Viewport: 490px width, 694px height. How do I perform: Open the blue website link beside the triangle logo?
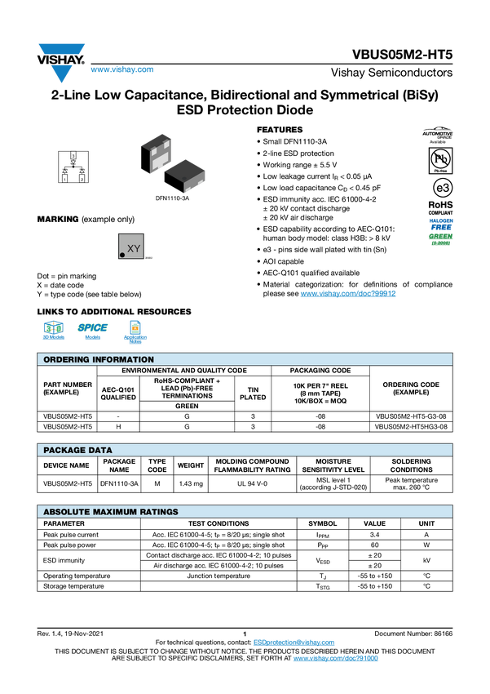click(x=121, y=70)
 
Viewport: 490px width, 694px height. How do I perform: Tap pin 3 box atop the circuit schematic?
click(x=73, y=154)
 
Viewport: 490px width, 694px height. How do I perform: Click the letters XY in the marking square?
click(x=135, y=247)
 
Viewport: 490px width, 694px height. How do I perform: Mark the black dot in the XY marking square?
click(x=123, y=255)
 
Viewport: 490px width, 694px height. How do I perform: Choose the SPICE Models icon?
click(x=92, y=331)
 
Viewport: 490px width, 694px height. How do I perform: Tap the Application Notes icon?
click(x=135, y=331)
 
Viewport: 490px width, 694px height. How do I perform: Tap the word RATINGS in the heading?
click(x=158, y=512)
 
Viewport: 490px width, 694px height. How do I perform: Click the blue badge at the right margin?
click(x=441, y=223)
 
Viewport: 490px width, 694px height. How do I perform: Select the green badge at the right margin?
click(x=441, y=238)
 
